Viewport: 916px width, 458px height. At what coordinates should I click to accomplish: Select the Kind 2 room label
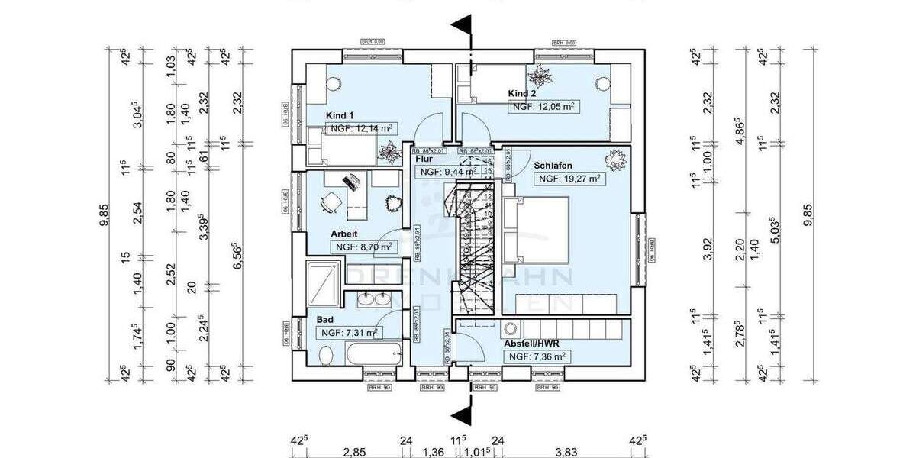tap(523, 94)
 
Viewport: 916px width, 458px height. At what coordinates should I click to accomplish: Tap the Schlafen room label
tap(554, 166)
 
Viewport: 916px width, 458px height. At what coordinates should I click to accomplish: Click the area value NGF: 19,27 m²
tap(569, 179)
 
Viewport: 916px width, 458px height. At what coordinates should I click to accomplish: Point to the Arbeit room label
tap(344, 234)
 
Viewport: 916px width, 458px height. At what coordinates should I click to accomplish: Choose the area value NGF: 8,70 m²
tap(363, 247)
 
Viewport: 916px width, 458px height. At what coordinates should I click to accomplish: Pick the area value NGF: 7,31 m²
tap(348, 333)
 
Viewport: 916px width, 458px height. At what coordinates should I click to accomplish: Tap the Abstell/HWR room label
tap(534, 343)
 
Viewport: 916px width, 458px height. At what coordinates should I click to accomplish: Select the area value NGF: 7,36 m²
tap(537, 356)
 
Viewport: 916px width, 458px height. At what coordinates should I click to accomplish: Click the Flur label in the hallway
tap(425, 160)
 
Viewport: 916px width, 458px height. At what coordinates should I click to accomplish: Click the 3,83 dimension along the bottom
tap(566, 452)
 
